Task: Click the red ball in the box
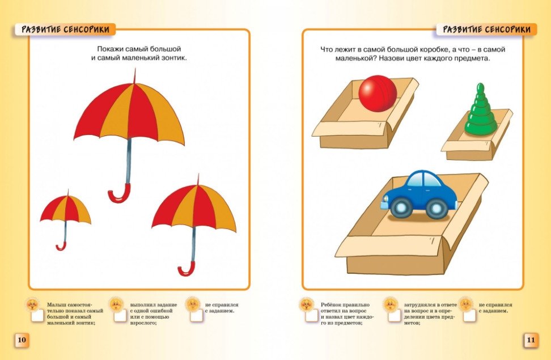[378, 94]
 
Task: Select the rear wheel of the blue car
[436, 208]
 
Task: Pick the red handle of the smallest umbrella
[61, 245]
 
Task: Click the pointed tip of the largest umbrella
[134, 70]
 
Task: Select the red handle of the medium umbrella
[187, 268]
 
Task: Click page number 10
[22, 340]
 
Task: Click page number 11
[531, 340]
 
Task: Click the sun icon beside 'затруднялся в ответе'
[390, 304]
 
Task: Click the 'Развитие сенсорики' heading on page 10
[65, 29]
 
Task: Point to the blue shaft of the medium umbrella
[193, 244]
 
